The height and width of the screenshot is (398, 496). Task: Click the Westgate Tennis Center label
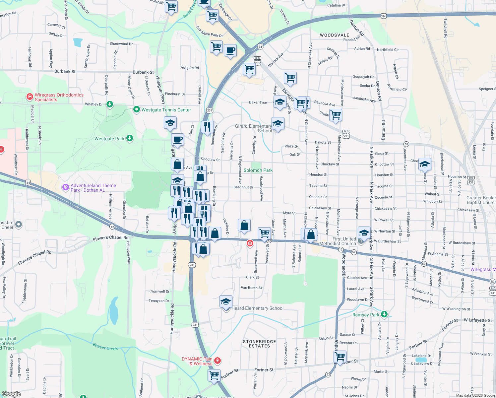[166, 110]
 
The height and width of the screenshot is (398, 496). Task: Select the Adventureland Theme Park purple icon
[65, 187]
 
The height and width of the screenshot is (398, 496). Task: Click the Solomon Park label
[258, 170]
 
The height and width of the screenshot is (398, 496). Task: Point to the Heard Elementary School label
[257, 308]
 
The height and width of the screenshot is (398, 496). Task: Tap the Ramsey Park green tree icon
[384, 314]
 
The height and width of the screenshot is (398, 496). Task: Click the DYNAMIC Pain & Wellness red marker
[217, 361]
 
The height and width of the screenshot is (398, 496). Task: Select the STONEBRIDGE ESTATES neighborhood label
[259, 344]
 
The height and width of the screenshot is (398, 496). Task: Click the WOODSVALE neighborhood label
[334, 35]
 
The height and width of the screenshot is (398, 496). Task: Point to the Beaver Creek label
[105, 347]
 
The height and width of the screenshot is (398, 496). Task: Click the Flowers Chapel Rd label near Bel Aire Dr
[110, 238]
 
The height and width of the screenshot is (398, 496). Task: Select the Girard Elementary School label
[254, 128]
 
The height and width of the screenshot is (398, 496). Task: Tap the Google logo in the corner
[11, 394]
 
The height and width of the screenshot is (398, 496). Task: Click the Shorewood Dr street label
[121, 44]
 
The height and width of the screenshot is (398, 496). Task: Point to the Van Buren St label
[251, 288]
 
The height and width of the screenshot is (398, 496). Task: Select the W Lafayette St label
[477, 320]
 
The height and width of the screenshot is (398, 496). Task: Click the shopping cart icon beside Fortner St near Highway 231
[214, 375]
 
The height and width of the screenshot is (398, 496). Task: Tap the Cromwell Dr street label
[159, 292]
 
